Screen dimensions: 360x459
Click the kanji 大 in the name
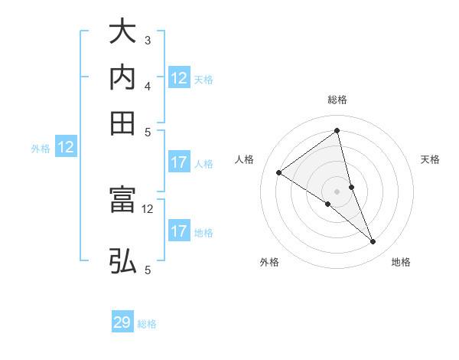(122, 32)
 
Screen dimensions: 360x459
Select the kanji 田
(122, 123)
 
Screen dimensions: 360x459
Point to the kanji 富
(122, 200)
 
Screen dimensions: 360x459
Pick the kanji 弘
(122, 261)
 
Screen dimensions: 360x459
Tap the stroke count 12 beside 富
(148, 208)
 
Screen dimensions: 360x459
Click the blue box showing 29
(122, 322)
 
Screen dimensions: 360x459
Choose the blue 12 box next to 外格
(66, 148)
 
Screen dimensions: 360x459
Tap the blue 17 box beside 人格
(179, 162)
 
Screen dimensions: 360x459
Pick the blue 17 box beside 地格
(179, 231)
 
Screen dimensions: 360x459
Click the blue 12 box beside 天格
(179, 78)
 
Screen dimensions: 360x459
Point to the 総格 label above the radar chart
(337, 100)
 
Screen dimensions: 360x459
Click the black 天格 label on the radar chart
(431, 159)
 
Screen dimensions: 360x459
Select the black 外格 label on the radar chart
(269, 263)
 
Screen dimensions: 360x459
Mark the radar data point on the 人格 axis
(279, 172)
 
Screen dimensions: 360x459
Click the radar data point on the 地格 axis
(373, 242)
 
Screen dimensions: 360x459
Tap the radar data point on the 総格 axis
(337, 130)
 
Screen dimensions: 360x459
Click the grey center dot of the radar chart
(337, 191)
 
